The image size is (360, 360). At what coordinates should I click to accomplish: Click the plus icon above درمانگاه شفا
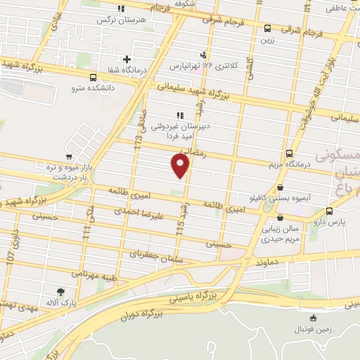[127, 59]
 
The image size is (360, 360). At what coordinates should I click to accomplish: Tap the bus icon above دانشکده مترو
[94, 77]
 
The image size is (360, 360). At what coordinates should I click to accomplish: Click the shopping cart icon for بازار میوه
[68, 157]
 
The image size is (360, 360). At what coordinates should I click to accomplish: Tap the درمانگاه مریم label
[290, 165]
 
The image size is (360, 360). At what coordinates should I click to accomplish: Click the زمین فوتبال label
[313, 329]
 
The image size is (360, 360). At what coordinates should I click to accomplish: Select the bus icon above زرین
[267, 29]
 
